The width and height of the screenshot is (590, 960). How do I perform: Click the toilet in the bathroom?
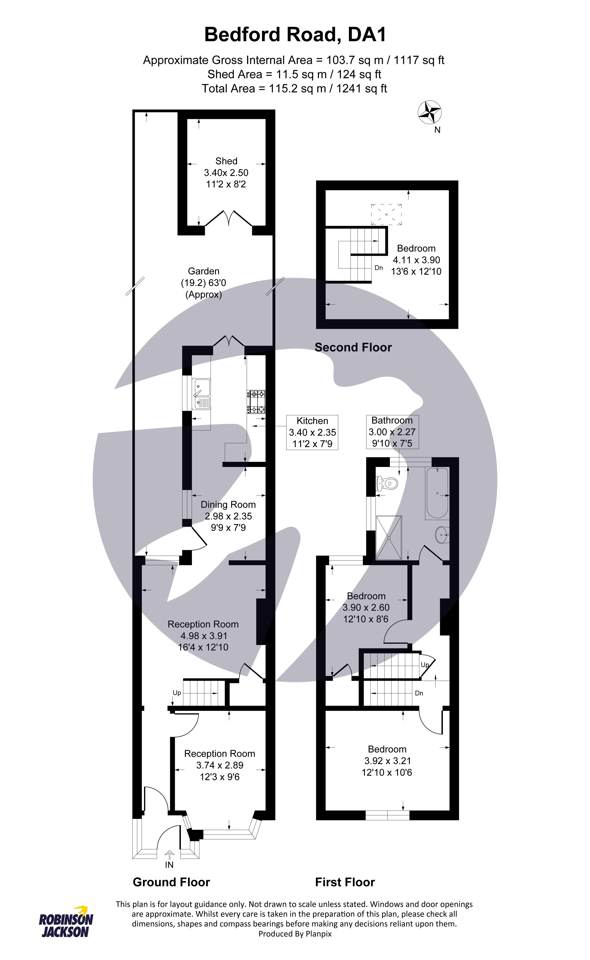click(386, 484)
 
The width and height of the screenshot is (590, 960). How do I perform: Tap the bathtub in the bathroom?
click(437, 493)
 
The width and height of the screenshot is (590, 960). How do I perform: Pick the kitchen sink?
click(201, 394)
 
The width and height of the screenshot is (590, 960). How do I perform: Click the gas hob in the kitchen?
click(256, 402)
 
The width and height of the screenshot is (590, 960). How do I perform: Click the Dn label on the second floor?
click(378, 268)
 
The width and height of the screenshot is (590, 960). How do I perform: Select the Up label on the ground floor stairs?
click(177, 693)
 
